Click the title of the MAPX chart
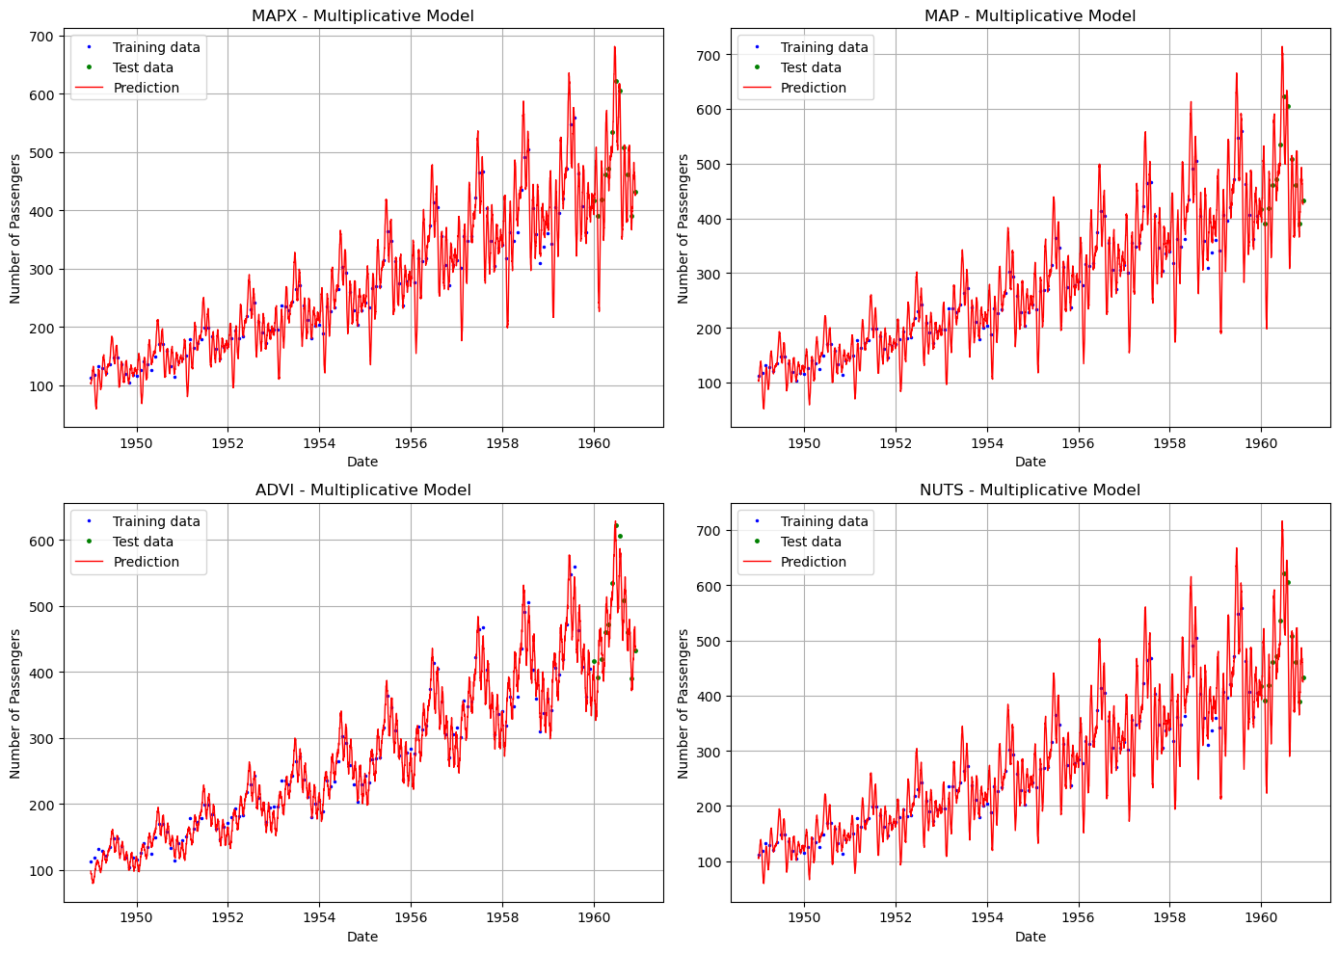362,15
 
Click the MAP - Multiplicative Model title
1030,15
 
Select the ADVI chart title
362,490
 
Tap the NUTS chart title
1030,490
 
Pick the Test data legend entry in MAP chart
810,67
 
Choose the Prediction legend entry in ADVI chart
146,562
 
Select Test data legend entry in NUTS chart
810,542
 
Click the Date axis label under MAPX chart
362,463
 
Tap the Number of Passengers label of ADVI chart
15,703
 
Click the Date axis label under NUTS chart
1030,937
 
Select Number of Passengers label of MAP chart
683,229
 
